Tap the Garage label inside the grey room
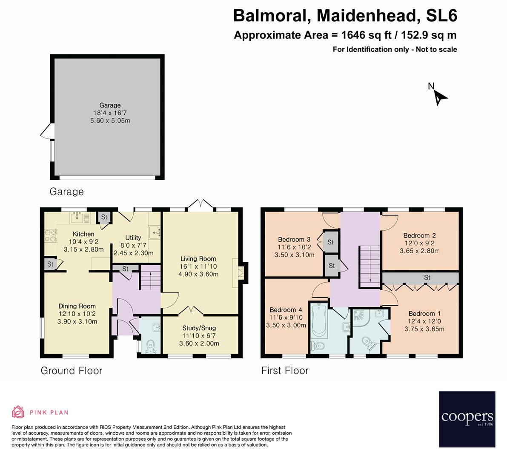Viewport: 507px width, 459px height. (x=110, y=105)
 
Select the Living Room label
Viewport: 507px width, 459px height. (x=198, y=258)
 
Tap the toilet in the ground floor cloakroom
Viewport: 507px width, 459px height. (x=150, y=346)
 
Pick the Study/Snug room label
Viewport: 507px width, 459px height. (x=199, y=328)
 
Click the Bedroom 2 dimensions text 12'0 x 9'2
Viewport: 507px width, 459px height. (x=419, y=243)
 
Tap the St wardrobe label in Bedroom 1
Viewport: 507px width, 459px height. (x=427, y=278)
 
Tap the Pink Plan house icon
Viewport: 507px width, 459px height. (x=18, y=412)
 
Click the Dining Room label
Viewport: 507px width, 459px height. (x=77, y=306)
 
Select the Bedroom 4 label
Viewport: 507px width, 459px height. (x=286, y=309)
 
